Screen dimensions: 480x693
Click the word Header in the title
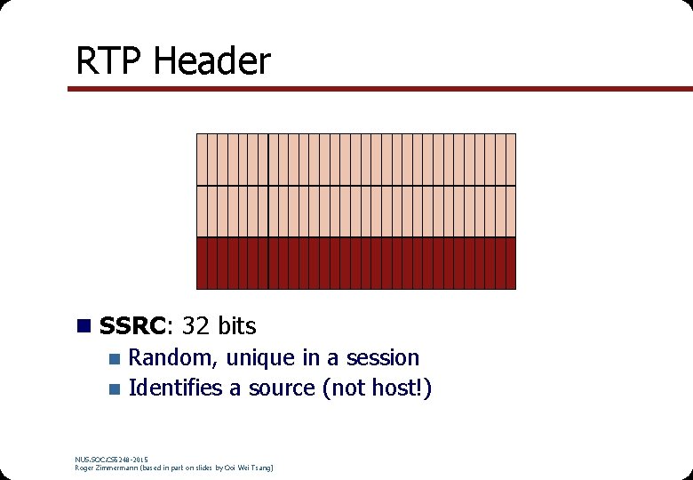[211, 61]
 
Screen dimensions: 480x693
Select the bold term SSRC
[132, 326]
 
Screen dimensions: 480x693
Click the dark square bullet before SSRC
[84, 326]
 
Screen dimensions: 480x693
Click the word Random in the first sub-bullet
[173, 358]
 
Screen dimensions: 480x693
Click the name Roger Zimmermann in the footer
[108, 468]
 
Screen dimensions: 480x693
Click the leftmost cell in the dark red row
[201, 263]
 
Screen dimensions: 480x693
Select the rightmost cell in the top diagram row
[511, 159]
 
